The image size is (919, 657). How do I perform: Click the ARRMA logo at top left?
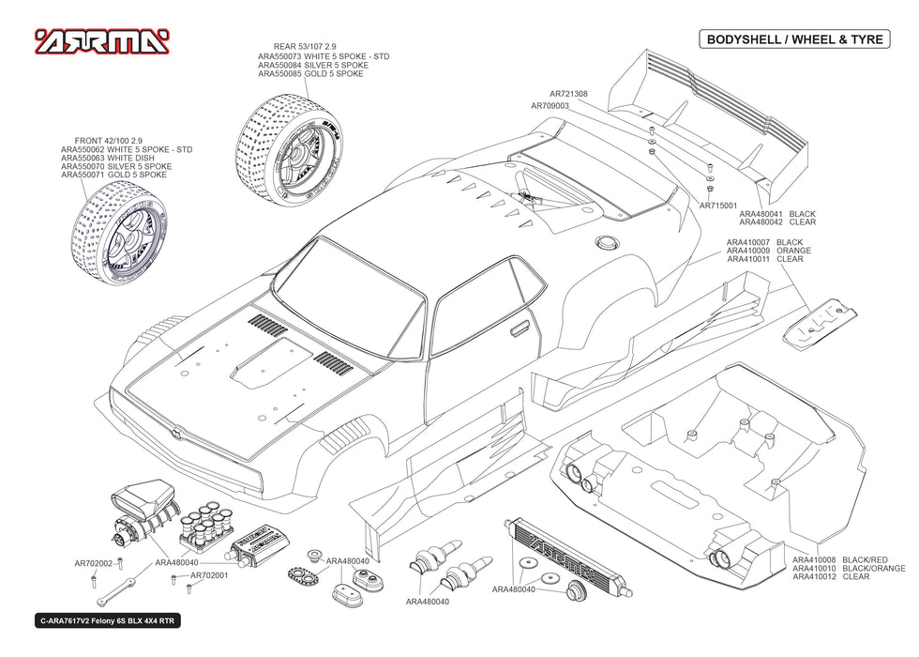coord(102,41)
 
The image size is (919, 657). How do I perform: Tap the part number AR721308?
coord(568,94)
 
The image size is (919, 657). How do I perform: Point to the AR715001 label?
coord(717,205)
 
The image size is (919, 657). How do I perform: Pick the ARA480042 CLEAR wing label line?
coord(777,222)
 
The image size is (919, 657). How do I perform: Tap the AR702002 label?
coord(93,564)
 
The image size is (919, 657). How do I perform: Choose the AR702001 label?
coord(209,575)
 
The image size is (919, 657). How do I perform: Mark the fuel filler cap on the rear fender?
coord(608,241)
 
